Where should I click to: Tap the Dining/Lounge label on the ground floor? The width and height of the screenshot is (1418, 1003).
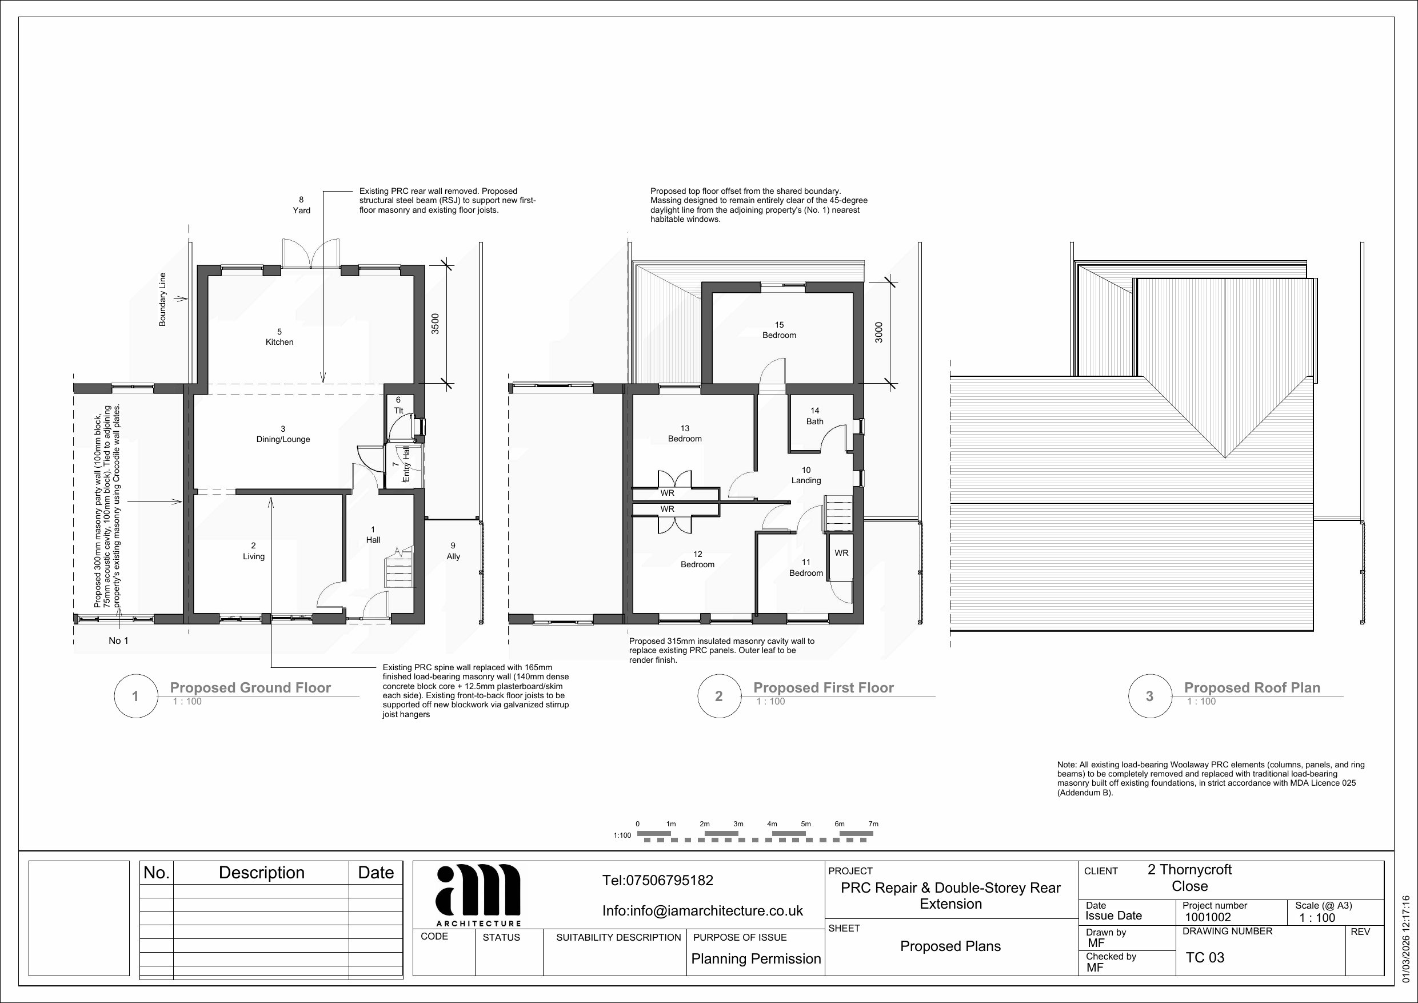click(283, 434)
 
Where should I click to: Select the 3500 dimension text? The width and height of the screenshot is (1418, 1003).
click(436, 324)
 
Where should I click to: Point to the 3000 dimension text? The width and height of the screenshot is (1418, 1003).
click(879, 332)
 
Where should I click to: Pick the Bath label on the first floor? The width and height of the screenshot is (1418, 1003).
click(814, 416)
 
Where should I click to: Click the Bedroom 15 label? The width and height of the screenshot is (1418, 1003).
click(780, 330)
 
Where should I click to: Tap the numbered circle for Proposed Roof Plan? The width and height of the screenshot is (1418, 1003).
click(1149, 696)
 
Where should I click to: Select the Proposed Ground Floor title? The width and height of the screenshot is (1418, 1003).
click(250, 688)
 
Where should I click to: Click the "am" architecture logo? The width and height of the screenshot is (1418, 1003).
click(478, 894)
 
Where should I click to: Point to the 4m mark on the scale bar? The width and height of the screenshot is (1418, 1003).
click(772, 824)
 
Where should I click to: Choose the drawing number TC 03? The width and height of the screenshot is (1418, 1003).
click(1205, 957)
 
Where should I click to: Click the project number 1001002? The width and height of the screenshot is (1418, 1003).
click(1208, 918)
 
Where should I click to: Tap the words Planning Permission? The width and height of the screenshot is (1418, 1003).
click(756, 958)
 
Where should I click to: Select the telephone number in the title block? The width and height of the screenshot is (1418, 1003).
click(658, 880)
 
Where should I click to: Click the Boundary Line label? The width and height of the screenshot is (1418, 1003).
click(162, 299)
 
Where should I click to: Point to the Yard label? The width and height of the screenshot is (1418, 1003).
click(301, 205)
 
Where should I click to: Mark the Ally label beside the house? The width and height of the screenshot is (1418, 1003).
click(453, 551)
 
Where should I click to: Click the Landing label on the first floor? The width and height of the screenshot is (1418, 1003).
click(806, 475)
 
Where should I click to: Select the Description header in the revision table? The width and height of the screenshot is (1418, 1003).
click(262, 873)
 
